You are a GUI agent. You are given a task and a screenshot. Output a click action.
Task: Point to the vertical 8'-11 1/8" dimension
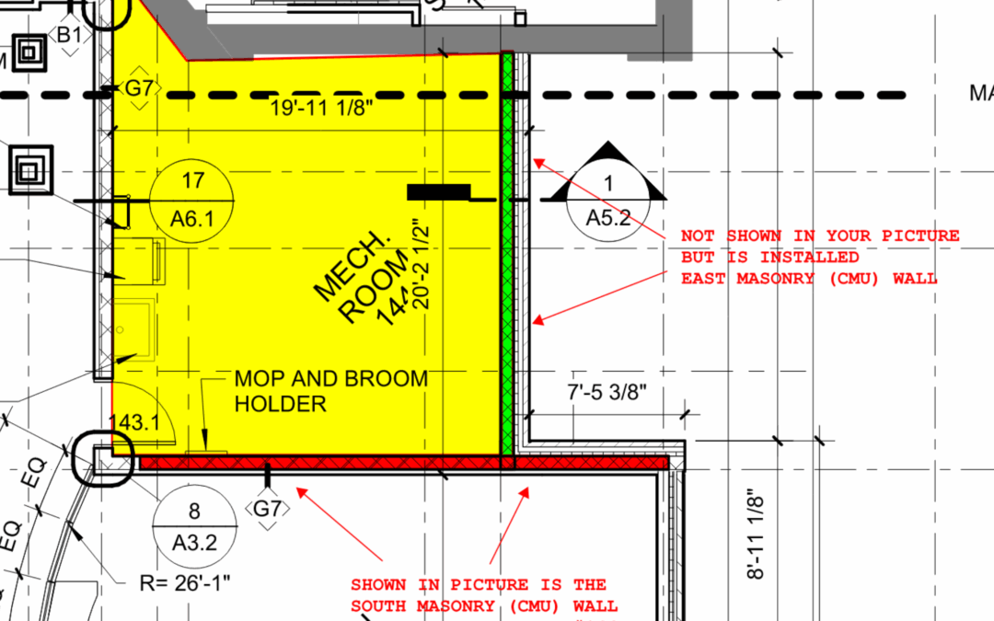(x=757, y=534)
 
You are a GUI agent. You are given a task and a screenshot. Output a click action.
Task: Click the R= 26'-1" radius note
(x=184, y=581)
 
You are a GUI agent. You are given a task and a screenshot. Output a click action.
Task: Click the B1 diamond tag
(x=70, y=35)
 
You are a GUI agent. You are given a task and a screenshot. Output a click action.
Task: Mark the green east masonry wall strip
(x=506, y=258)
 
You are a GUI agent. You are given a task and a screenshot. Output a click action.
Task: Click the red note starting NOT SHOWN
(x=819, y=257)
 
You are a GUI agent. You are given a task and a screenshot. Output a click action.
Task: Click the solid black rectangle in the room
(x=439, y=191)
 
